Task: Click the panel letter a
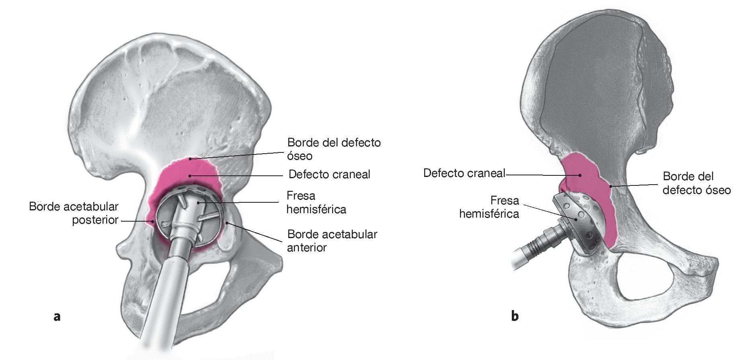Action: coord(57,317)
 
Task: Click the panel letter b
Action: coord(515,316)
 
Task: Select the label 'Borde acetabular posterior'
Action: coord(74,213)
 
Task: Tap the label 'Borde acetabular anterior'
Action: coord(332,241)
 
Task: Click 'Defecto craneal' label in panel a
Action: coord(329,175)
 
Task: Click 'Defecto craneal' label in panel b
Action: coord(464,173)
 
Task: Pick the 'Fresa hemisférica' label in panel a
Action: coord(316,203)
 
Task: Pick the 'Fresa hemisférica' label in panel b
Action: coord(489,207)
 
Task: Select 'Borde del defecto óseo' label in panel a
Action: coord(334,149)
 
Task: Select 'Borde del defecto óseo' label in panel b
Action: coord(696,183)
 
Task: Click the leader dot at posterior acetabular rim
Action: coord(153,221)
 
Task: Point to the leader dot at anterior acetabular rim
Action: coord(227,222)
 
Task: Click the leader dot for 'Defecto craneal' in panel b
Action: coord(580,175)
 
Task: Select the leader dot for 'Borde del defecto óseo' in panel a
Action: coord(190,159)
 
